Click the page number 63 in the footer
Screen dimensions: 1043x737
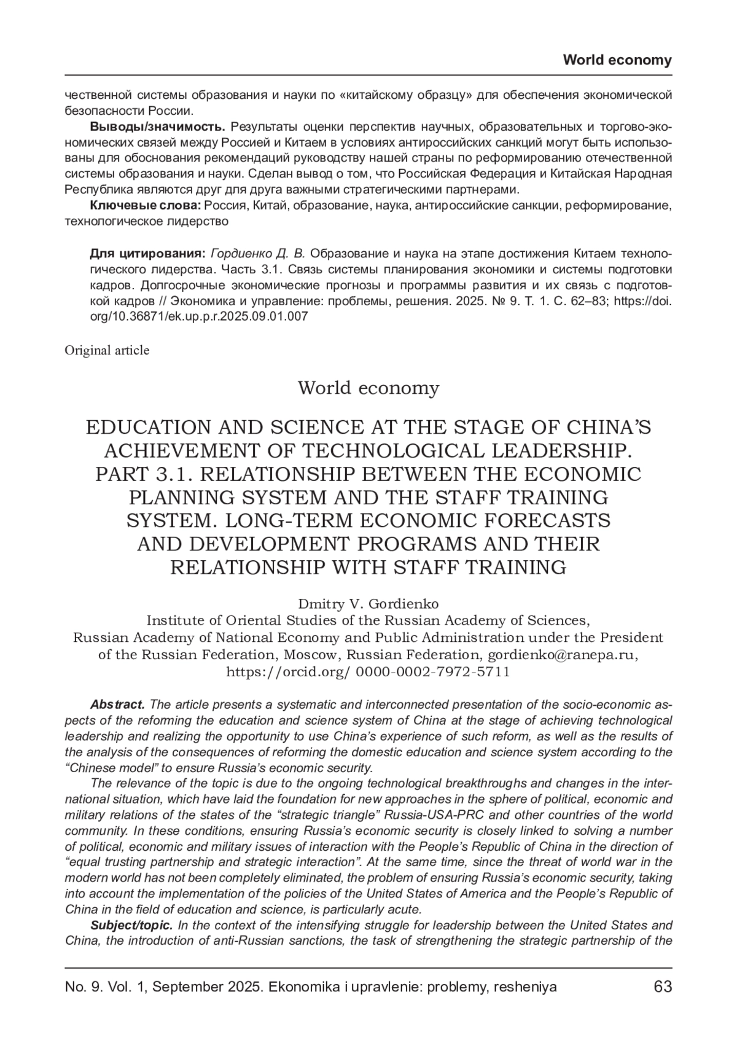click(663, 986)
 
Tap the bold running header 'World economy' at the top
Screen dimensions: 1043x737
click(617, 60)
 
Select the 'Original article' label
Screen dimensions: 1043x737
click(107, 350)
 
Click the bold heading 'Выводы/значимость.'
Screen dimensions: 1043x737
click(158, 127)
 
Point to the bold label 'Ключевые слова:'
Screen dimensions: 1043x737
click(146, 205)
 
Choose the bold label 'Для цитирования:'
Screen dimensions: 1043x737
click(147, 253)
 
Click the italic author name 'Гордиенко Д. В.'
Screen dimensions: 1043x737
click(256, 253)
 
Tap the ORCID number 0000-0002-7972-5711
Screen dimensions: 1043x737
click(432, 671)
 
